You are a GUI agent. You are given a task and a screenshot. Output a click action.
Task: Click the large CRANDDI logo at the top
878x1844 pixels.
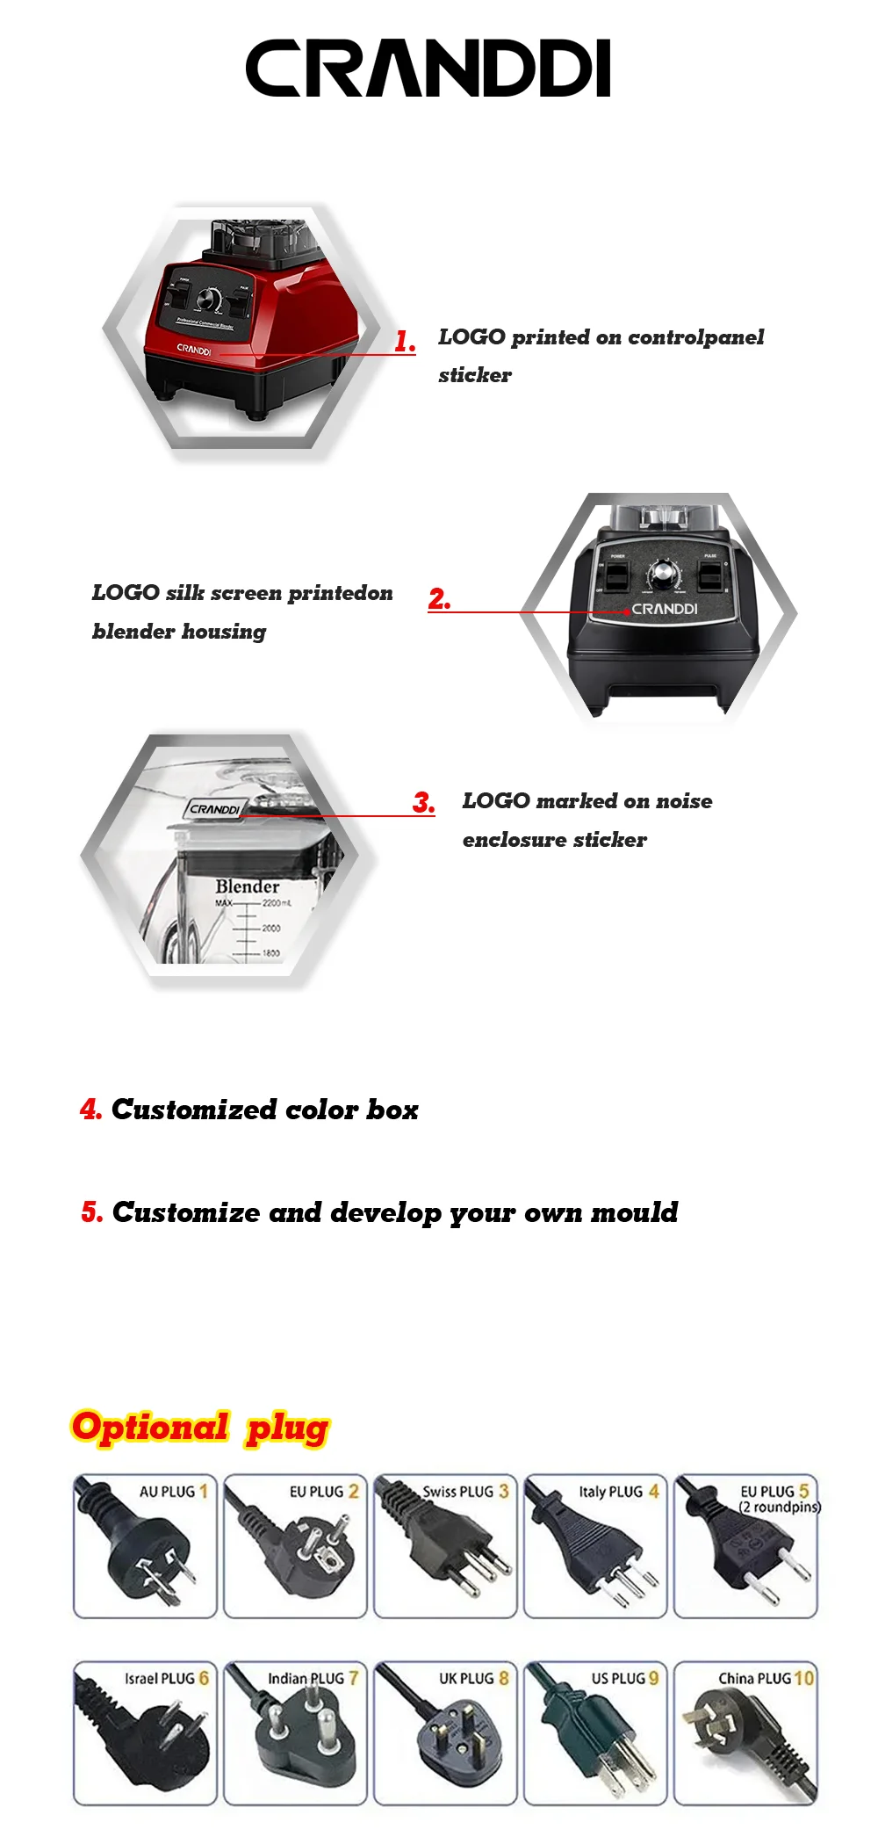[x=428, y=68]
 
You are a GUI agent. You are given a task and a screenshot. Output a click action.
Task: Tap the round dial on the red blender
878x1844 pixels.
[x=210, y=298]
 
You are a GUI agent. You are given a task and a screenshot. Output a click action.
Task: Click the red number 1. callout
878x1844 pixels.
[x=405, y=341]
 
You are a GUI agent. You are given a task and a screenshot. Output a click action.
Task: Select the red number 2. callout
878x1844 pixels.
[x=439, y=599]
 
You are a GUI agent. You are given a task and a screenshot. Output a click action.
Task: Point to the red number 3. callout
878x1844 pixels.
[x=424, y=802]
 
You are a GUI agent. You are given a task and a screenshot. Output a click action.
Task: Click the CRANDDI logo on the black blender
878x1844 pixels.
[x=665, y=609]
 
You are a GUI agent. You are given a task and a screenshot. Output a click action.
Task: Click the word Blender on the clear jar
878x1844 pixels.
[x=248, y=886]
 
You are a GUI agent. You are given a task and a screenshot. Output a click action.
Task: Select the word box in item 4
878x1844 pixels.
[x=392, y=1110]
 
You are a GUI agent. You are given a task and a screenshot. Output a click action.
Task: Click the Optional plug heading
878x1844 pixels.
[x=200, y=1427]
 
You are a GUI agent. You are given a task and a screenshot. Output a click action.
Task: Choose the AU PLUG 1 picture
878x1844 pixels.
[x=145, y=1546]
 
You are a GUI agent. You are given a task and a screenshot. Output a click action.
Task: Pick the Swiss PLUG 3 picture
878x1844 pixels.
[x=445, y=1546]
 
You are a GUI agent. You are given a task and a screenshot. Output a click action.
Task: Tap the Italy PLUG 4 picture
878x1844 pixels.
[x=595, y=1546]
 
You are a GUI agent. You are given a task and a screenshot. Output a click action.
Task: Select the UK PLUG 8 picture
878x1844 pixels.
[x=445, y=1732]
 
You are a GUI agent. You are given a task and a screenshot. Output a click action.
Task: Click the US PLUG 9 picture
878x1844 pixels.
[x=595, y=1732]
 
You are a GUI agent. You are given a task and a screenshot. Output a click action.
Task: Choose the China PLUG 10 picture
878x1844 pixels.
[x=745, y=1732]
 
